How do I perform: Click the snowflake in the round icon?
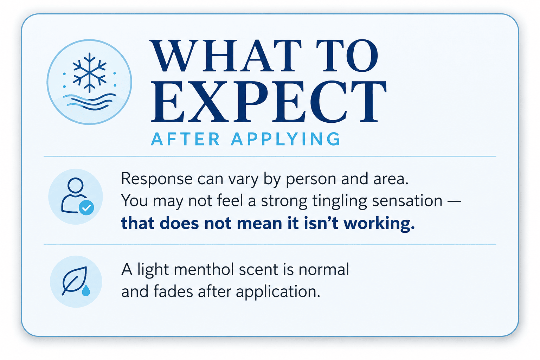click(89, 72)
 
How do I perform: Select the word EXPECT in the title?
click(269, 101)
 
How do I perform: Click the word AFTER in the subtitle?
click(185, 139)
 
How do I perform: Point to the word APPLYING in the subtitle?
click(286, 139)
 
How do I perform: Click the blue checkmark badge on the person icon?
click(86, 207)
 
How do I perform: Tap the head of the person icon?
click(76, 185)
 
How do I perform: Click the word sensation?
click(407, 201)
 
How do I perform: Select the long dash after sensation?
click(454, 201)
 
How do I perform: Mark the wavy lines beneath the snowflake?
click(89, 102)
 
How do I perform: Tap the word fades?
click(173, 291)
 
